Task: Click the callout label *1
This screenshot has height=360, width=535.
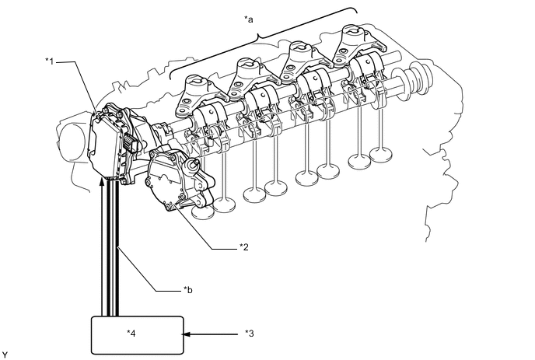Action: (x=50, y=61)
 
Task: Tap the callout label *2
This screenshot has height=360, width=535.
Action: (x=244, y=246)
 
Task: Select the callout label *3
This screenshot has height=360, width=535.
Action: (x=250, y=334)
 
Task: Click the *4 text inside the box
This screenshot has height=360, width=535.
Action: (x=131, y=333)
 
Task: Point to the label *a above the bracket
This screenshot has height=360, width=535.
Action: (x=249, y=19)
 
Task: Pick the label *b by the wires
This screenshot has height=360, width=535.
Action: (x=187, y=290)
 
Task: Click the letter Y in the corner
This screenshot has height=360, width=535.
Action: (x=5, y=355)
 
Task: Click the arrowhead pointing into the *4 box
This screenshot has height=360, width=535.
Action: (x=187, y=334)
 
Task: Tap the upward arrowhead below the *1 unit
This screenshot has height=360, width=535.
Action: (x=101, y=182)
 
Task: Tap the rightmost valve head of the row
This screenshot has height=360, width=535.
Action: (x=381, y=153)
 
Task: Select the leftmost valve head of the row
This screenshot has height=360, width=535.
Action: (x=203, y=212)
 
